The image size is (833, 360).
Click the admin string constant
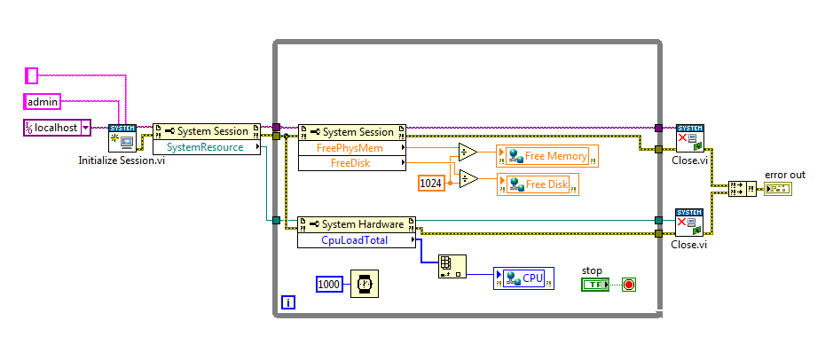tap(42, 102)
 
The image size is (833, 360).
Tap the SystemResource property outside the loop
tap(205, 147)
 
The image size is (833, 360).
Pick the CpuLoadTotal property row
tap(354, 239)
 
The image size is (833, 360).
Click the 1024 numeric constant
tap(432, 184)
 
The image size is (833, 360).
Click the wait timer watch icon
tap(363, 284)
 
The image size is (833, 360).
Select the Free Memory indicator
tap(547, 157)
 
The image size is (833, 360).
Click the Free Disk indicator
tap(538, 184)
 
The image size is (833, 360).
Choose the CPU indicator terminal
tap(524, 278)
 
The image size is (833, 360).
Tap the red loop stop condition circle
tap(629, 285)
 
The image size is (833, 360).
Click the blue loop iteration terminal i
tap(288, 303)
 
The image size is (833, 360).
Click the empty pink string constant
tap(32, 76)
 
